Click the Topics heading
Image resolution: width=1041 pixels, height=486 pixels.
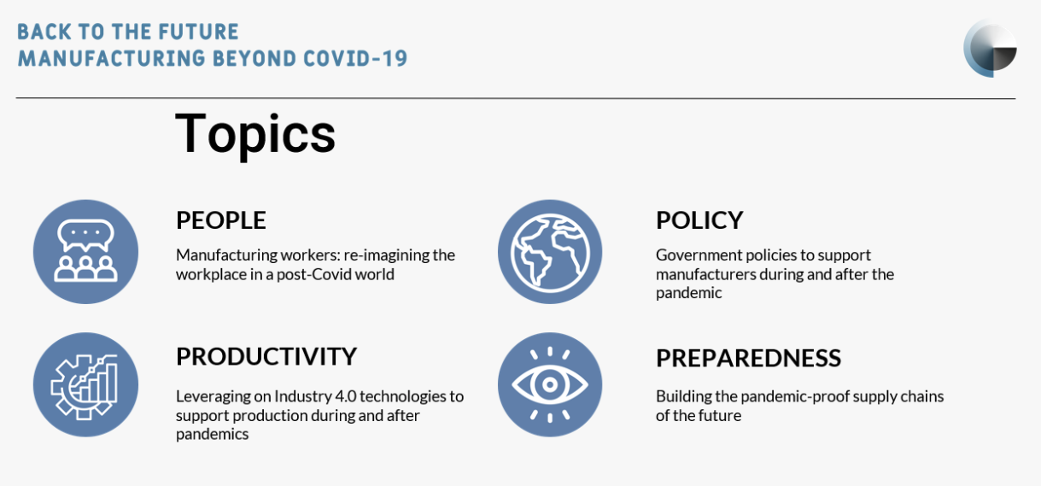click(x=255, y=134)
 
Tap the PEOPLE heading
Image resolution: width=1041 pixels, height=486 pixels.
click(x=220, y=220)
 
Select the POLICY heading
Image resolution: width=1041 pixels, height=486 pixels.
click(x=699, y=220)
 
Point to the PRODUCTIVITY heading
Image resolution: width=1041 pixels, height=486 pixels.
click(x=266, y=356)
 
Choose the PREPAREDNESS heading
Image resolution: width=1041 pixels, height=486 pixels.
click(x=748, y=358)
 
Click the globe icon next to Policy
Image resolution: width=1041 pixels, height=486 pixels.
click(x=550, y=252)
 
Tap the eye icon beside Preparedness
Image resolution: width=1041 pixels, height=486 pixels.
click(x=550, y=384)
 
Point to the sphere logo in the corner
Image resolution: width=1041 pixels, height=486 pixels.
click(x=990, y=48)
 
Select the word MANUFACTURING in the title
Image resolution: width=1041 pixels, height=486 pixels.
click(x=112, y=59)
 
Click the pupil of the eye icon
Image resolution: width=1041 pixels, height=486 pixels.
click(x=550, y=384)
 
